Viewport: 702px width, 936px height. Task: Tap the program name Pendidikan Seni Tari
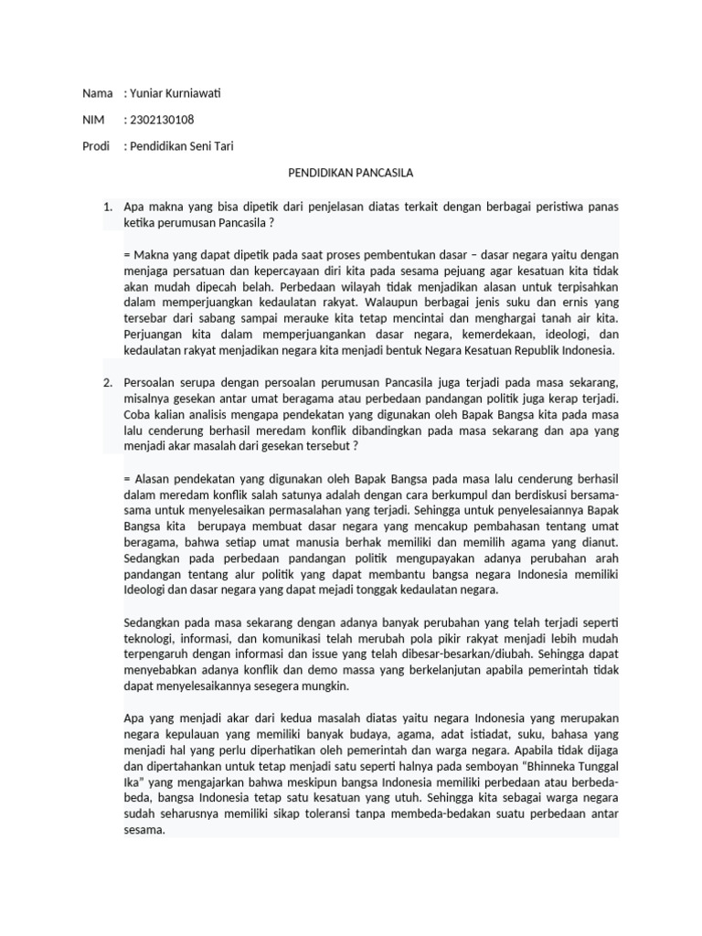point(182,146)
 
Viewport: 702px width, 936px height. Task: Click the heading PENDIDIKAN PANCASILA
point(350,172)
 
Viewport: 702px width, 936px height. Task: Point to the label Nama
point(97,93)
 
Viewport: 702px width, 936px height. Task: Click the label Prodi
point(96,146)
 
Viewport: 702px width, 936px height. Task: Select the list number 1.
point(107,208)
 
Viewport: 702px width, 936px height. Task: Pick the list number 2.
point(107,381)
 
